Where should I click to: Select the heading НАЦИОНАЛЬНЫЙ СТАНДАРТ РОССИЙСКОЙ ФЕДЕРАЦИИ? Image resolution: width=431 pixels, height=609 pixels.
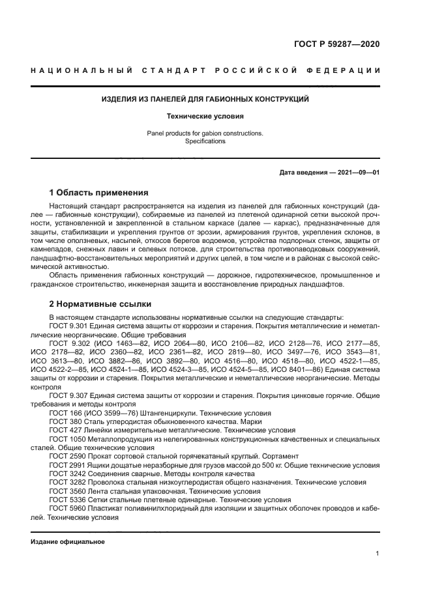coord(205,70)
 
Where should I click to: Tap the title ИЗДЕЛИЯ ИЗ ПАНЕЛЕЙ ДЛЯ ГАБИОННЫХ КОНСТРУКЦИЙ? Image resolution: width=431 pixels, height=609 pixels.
coord(205,100)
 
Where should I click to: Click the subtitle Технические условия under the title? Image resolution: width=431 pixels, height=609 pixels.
coord(205,117)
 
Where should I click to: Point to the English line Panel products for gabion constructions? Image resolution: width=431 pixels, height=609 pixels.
coord(205,134)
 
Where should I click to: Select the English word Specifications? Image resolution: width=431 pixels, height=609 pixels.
coord(205,141)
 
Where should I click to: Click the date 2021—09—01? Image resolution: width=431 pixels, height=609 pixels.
coord(357,173)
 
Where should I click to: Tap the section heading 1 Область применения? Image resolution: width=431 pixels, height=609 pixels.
coord(98,193)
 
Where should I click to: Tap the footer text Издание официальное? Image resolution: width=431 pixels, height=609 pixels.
coord(67,542)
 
